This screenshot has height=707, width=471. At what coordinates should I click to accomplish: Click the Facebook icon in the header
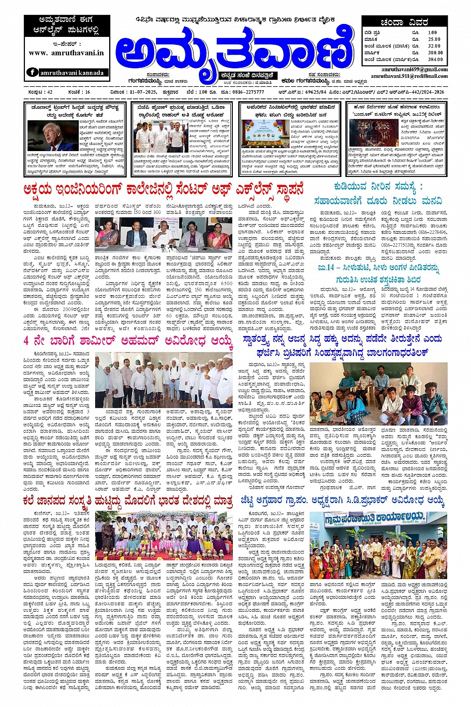point(32,72)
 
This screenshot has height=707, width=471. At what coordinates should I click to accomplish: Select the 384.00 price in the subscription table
point(435,59)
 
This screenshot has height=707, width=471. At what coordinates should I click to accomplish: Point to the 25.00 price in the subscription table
point(434,39)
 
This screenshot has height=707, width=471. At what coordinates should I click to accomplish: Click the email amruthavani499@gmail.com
point(414,69)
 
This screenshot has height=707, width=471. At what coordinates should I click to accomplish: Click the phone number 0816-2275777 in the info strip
point(248,92)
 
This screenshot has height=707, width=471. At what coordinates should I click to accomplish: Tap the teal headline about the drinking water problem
point(378,193)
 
